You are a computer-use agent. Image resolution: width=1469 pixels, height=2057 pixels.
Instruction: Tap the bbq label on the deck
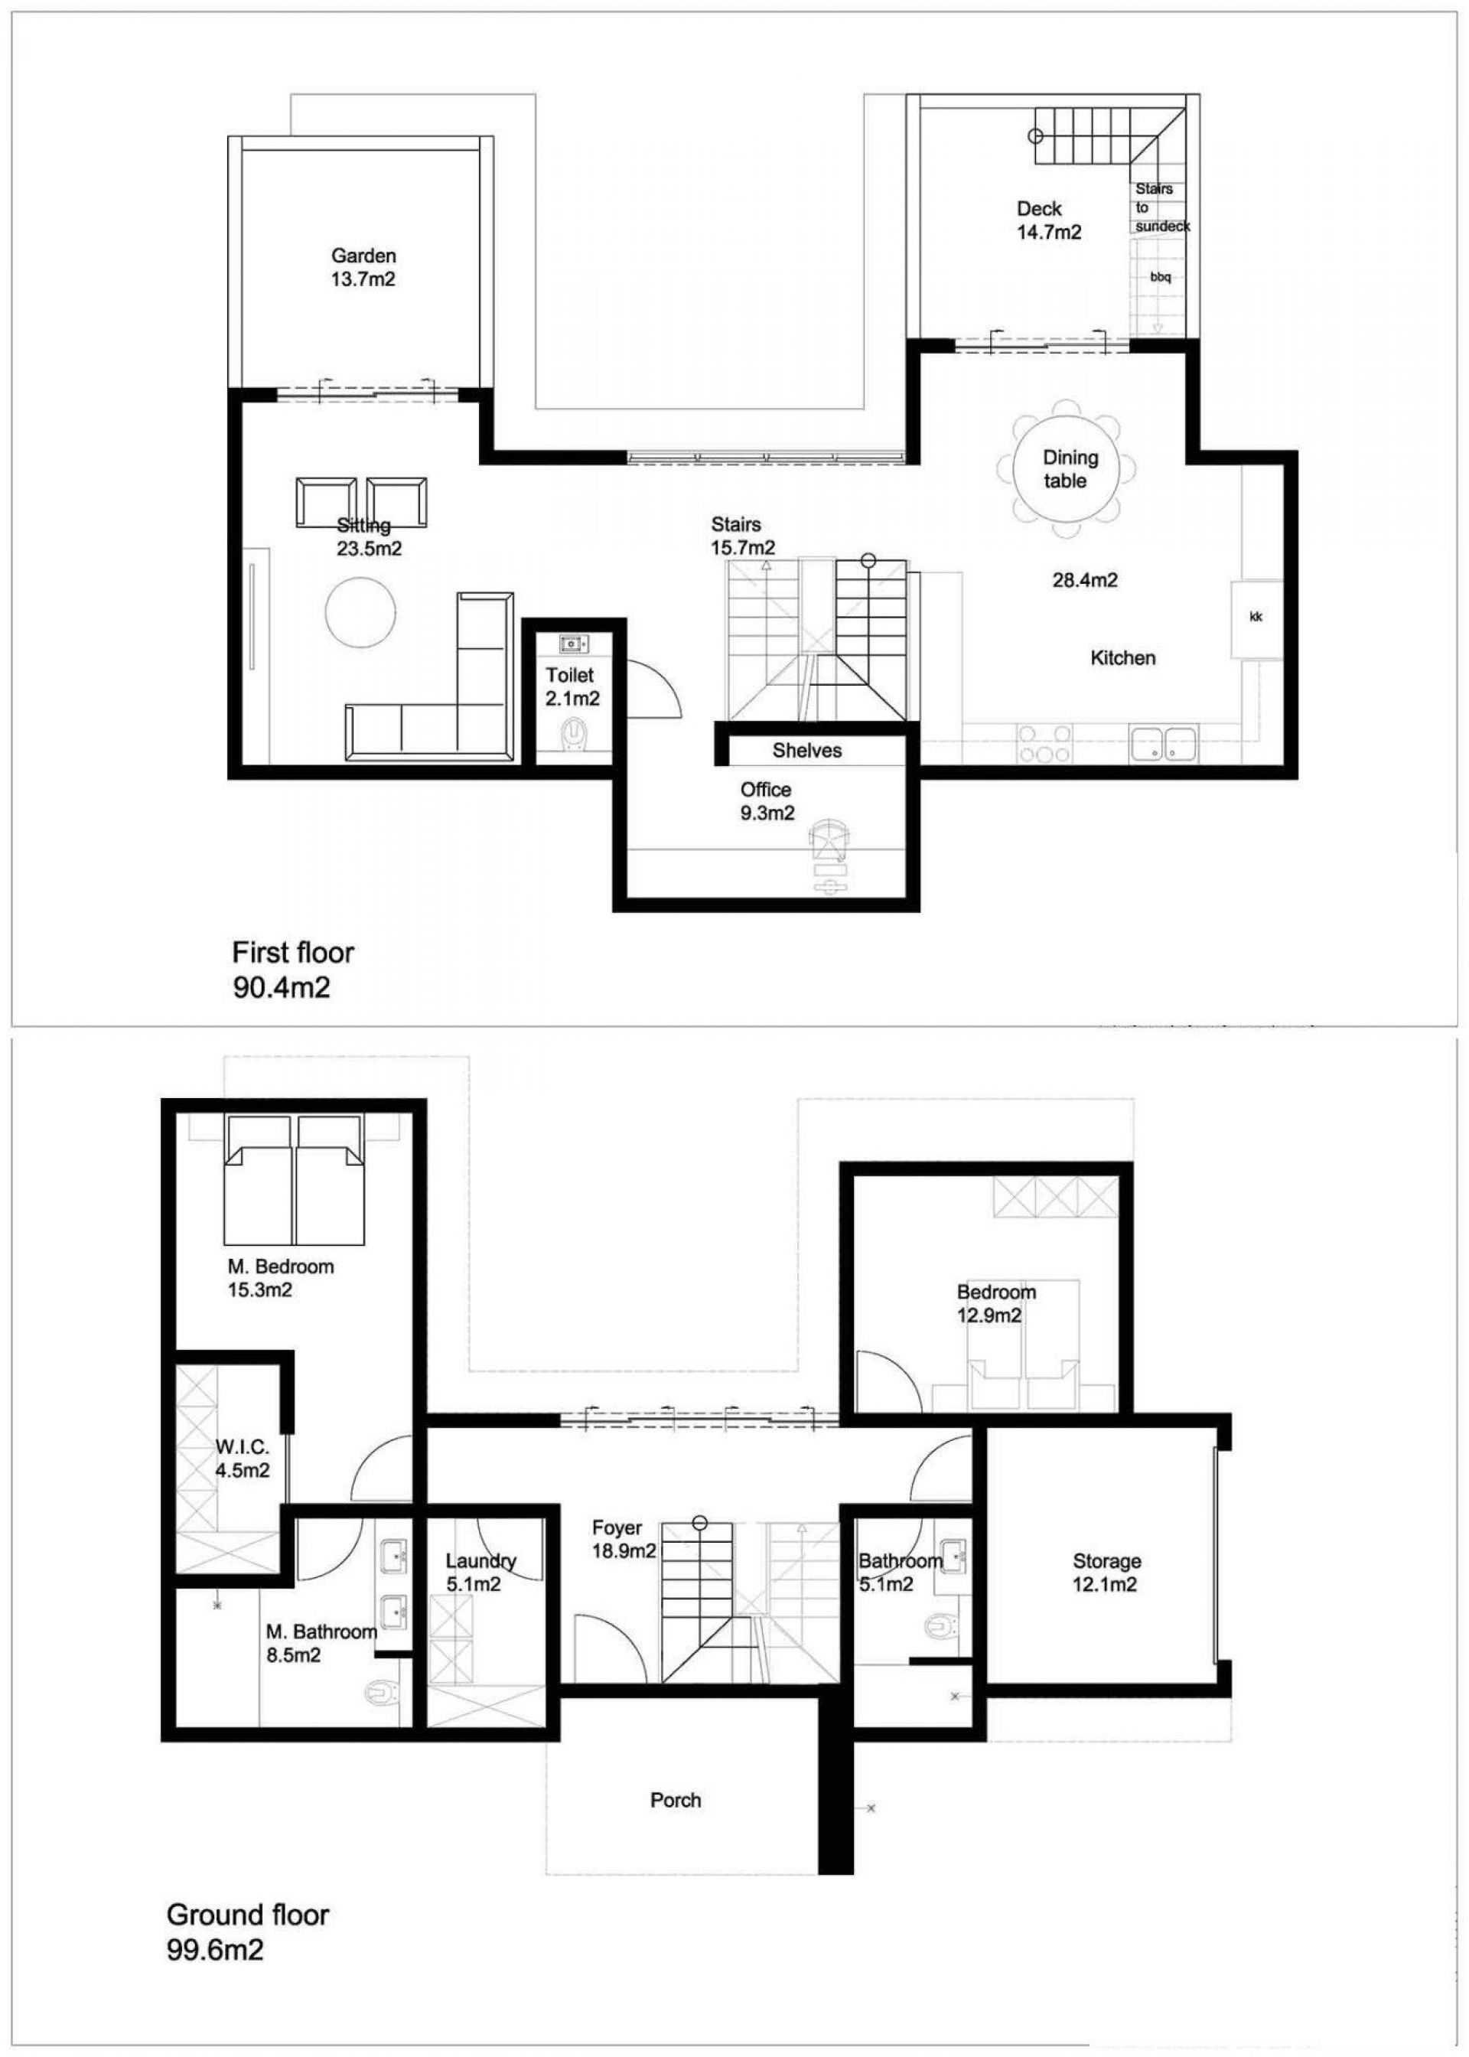pos(1161,278)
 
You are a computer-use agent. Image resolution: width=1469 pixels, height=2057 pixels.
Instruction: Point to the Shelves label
pos(807,750)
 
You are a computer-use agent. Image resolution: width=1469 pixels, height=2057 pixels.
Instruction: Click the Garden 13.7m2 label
pos(363,268)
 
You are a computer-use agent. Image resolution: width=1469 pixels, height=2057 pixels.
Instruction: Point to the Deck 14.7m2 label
pos(1048,220)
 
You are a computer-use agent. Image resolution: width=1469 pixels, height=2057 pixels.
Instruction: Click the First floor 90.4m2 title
pos(292,970)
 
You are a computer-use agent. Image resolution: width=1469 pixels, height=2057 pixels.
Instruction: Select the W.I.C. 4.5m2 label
pos(243,1458)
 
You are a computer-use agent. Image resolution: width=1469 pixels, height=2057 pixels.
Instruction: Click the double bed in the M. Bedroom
pos(294,1179)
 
